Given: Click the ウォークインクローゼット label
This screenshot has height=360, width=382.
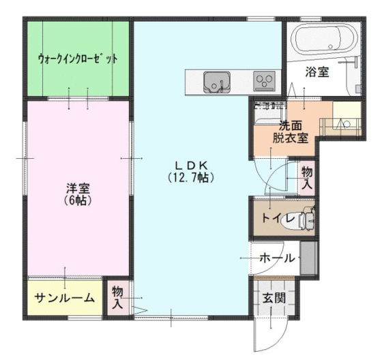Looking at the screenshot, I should coord(78,59).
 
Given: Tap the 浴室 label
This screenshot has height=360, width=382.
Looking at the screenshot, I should coord(317,72).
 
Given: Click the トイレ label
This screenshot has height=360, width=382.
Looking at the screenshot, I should coord(278,220).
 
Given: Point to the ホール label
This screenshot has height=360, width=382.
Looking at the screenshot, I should coord(278,258).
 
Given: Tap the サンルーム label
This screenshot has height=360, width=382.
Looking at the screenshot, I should coord(65,298).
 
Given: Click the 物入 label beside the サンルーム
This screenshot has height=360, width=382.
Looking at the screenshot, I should coord(117,298).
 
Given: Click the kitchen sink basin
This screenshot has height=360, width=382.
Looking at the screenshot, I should coord(216,81).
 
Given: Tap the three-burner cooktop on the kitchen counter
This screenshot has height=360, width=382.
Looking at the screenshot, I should coord(264,81).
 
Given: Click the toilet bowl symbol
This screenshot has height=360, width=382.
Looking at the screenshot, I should coord(306,220).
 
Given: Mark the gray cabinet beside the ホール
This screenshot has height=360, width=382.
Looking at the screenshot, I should coord(308,258).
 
